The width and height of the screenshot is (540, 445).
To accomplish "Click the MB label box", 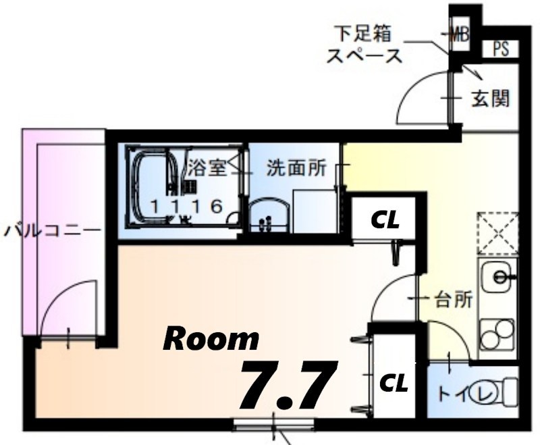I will tap(461, 32).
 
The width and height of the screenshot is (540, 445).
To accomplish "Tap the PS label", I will tap(500, 49).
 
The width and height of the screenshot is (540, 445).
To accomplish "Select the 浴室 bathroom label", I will tap(207, 167).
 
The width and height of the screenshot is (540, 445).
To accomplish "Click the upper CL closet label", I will tap(385, 219).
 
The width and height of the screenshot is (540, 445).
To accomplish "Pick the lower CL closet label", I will tap(394, 384).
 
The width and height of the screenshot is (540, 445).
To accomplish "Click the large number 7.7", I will tap(287, 386).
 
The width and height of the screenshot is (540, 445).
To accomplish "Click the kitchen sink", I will tap(497, 277).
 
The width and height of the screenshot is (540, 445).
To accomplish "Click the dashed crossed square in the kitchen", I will tap(497, 234).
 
